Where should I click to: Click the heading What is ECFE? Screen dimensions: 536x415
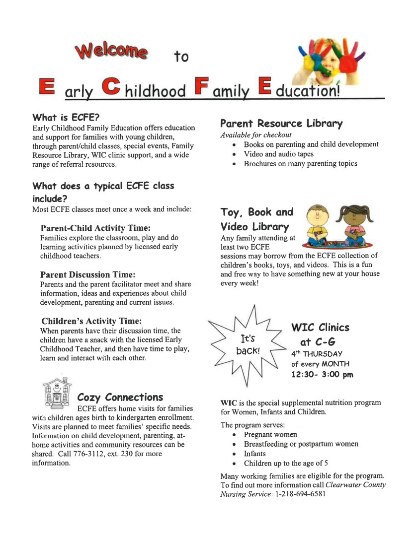coord(66,118)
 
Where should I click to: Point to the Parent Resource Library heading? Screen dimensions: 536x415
coord(281,123)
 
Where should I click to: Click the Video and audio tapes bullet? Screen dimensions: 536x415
coord(278,154)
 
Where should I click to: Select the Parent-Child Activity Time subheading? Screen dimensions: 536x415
coord(95,228)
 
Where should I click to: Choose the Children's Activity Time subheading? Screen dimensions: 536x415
coord(91,321)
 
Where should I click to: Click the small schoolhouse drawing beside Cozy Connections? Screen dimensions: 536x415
coord(57,392)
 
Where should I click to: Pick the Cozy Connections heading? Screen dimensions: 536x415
coord(120,397)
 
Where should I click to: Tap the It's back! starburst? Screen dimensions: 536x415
coord(248,344)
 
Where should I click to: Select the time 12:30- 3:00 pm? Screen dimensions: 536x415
coord(322,374)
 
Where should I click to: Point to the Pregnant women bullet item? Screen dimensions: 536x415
coord(270,435)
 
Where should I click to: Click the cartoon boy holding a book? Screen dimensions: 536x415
coord(319,225)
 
